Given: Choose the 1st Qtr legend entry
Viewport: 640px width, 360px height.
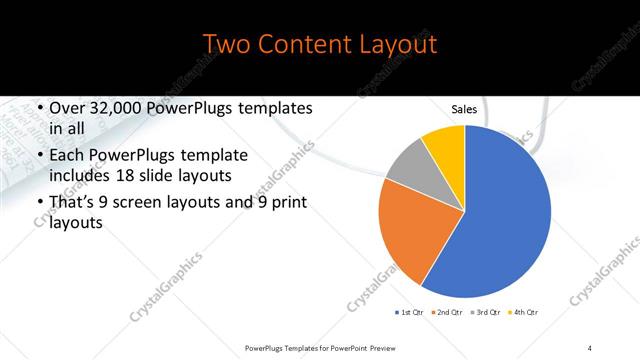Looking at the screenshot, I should tap(409, 313).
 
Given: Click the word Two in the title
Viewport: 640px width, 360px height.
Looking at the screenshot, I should tap(226, 45).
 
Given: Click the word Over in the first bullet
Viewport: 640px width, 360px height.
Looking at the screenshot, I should tap(66, 108).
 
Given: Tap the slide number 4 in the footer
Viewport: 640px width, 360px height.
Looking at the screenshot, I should tap(590, 347).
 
